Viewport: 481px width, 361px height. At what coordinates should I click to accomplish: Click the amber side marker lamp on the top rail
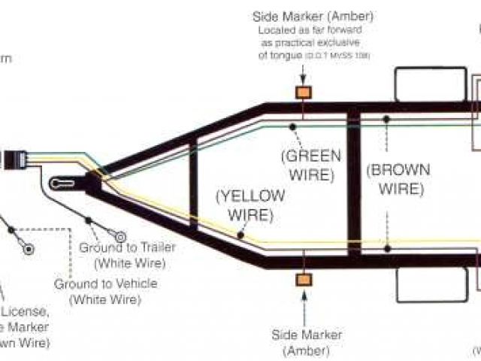[304, 92]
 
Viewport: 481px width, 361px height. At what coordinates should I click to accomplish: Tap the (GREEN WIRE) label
[310, 166]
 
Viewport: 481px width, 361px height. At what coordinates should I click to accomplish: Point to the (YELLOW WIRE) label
[250, 205]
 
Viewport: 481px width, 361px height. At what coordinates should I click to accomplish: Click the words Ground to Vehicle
[106, 284]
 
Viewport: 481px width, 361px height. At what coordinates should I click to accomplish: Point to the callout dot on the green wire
[291, 126]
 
